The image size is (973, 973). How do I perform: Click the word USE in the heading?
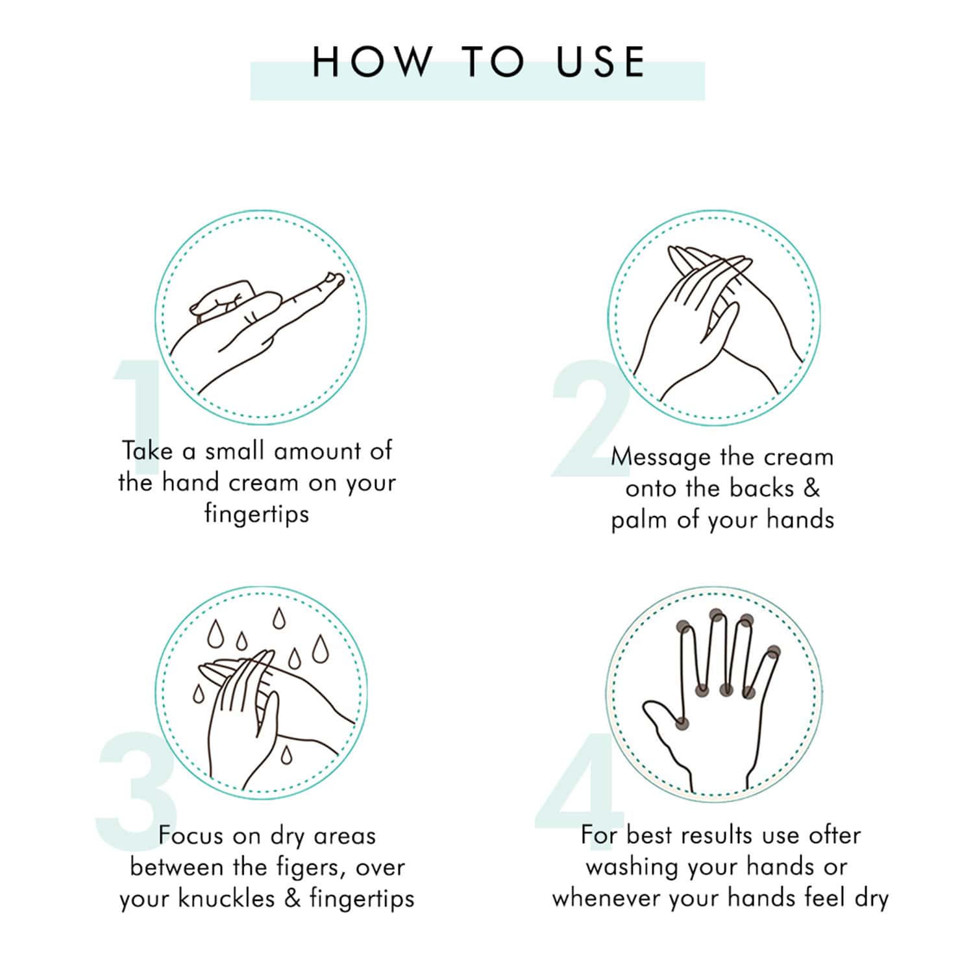[x=600, y=62]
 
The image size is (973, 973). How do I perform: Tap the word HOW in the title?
[x=372, y=62]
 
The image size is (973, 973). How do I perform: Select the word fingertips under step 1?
[x=256, y=514]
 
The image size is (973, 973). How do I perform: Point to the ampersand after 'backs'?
[x=812, y=488]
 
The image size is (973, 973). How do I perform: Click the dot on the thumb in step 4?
[x=682, y=722]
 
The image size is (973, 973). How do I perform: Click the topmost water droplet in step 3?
[x=278, y=619]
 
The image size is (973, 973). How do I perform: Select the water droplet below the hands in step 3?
[x=286, y=754]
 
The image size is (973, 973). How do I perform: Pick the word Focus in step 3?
[x=191, y=835]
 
